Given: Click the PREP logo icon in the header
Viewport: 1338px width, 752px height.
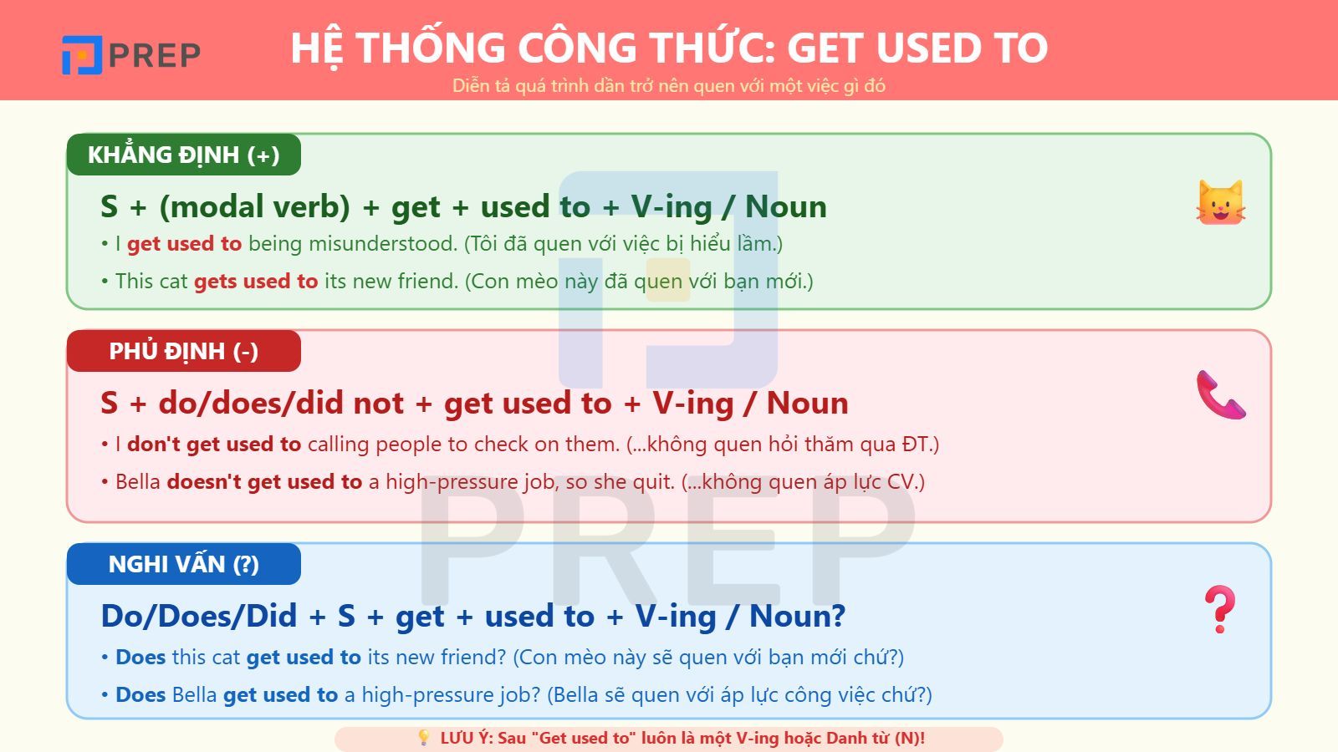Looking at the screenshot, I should point(82,55).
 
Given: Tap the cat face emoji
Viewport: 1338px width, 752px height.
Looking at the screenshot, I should point(1220,203).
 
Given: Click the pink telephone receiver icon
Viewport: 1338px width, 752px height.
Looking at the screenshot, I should point(1220,394).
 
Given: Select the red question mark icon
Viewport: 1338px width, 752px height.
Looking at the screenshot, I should point(1219,609).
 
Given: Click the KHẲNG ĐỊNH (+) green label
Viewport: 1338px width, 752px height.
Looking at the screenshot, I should point(184,155).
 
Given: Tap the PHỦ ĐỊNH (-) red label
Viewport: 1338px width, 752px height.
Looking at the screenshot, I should point(184,351).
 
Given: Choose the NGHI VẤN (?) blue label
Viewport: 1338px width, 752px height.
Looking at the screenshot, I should point(184,564).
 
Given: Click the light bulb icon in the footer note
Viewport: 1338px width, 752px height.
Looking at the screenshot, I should point(424,739).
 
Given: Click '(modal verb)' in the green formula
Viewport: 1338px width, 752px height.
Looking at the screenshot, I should point(255,206).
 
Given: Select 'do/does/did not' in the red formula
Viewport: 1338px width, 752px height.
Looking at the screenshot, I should point(281,403).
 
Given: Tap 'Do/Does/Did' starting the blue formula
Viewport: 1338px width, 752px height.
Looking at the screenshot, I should point(198,617).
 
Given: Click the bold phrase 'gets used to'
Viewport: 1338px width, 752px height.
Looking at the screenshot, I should point(256,282).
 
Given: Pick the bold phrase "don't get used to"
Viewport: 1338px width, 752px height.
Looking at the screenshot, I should point(214,445).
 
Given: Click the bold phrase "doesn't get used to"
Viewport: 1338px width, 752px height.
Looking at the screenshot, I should point(264,482).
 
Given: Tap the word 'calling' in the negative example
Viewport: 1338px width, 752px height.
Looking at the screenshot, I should point(338,445).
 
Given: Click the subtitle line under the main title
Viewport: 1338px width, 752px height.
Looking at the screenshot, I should point(669,86).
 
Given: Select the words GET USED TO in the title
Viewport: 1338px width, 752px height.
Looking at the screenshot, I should point(917,48).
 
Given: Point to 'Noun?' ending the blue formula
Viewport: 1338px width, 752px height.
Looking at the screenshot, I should point(797,617).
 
